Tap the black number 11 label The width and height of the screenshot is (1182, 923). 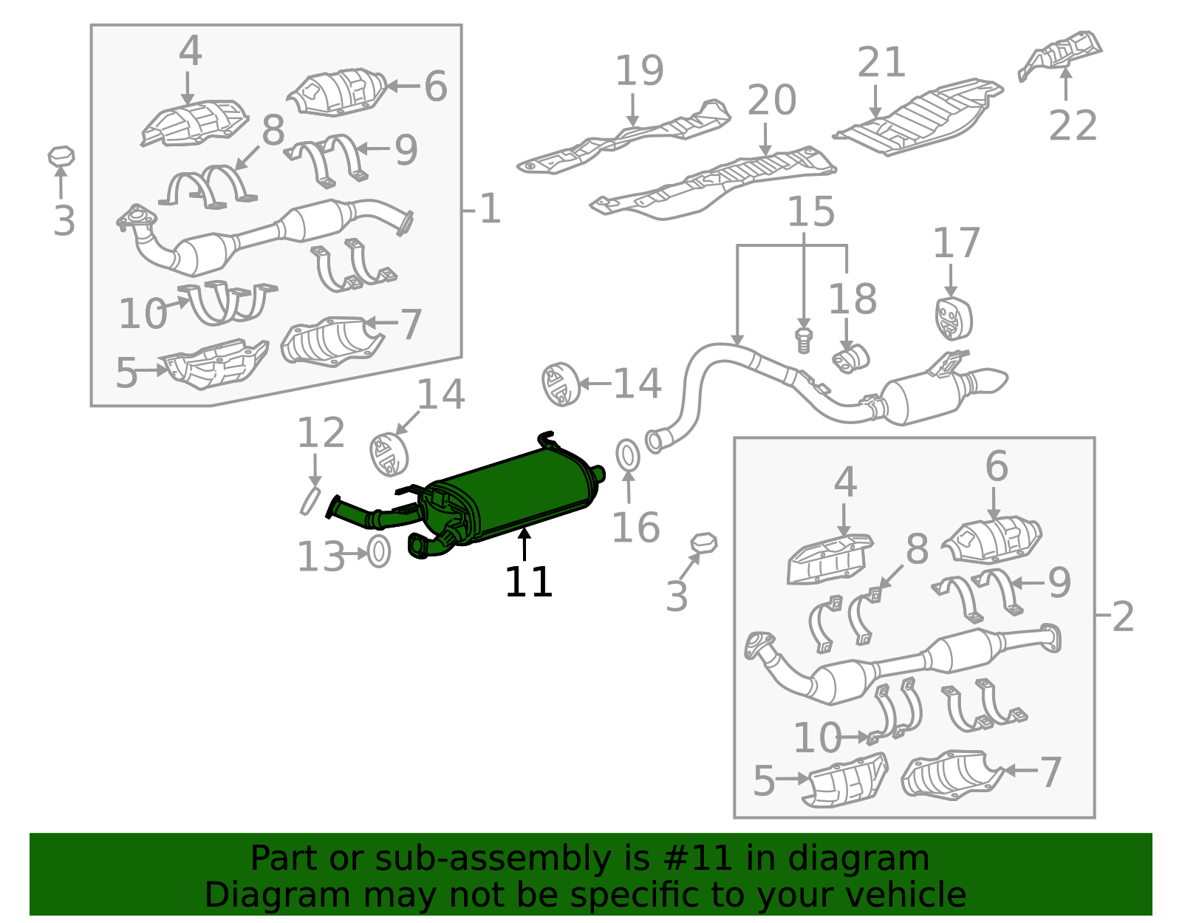[x=529, y=583]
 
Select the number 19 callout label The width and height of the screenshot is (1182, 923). [x=640, y=71]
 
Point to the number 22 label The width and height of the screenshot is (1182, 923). [x=1073, y=126]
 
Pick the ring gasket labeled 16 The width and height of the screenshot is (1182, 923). [x=628, y=455]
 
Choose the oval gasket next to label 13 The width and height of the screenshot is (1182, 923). [x=379, y=551]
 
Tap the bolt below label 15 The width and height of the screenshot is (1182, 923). [x=804, y=341]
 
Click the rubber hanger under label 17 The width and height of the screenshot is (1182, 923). [x=954, y=319]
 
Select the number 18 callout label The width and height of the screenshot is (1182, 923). [x=853, y=299]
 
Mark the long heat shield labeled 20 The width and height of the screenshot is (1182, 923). [x=713, y=183]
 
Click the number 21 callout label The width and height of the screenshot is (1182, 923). [x=882, y=62]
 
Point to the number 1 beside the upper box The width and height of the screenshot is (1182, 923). [x=490, y=209]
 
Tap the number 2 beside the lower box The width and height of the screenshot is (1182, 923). [x=1124, y=617]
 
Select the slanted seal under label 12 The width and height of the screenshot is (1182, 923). [x=310, y=501]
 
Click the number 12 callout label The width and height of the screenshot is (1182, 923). [x=321, y=433]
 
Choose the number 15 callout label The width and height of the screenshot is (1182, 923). [x=811, y=212]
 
